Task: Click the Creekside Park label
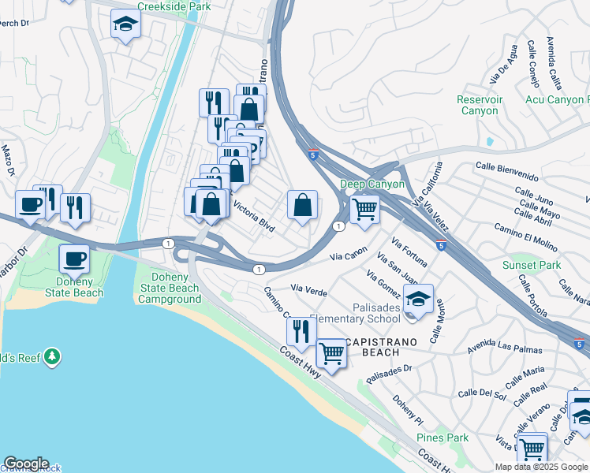[x=174, y=6]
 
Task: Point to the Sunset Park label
[x=532, y=265]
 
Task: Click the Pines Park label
[x=442, y=438]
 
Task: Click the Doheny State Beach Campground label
[x=170, y=288]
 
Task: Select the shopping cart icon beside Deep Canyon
[x=364, y=210]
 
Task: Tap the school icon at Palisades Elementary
[x=418, y=300]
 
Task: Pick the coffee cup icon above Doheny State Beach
[x=75, y=259]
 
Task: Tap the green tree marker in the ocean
[x=52, y=357]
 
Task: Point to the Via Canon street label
[x=348, y=256]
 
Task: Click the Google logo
[x=26, y=464]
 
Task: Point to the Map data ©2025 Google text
[x=540, y=467]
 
